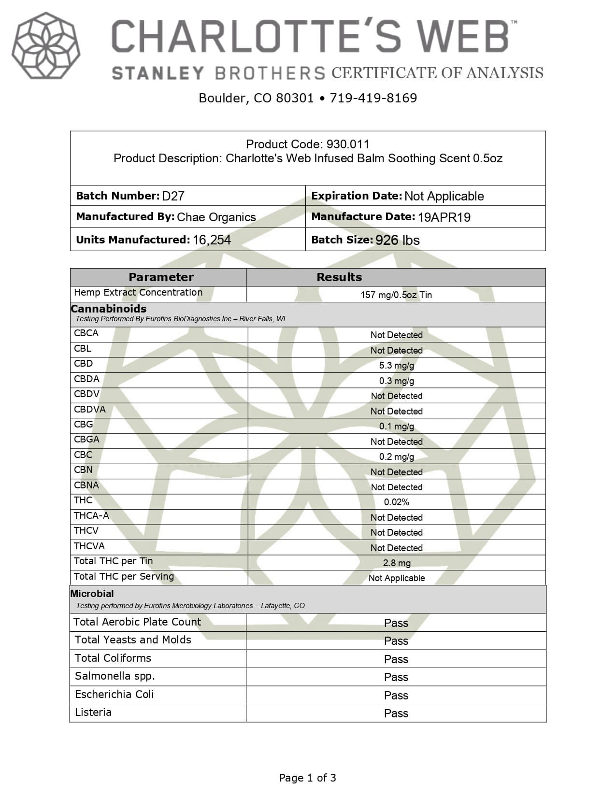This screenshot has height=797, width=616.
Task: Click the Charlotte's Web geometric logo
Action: click(x=46, y=46)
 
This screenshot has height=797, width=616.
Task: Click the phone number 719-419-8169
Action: click(x=373, y=98)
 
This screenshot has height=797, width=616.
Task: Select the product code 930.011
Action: click(x=348, y=144)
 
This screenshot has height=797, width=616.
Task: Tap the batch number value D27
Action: click(x=173, y=196)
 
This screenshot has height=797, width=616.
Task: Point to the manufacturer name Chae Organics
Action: click(x=216, y=217)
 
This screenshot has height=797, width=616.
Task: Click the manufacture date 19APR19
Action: click(x=444, y=217)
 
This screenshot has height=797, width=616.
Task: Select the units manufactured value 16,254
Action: click(x=212, y=240)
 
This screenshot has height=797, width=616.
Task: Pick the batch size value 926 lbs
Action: click(x=397, y=240)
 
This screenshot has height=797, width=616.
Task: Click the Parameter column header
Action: click(x=161, y=277)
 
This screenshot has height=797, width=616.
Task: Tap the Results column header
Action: click(x=339, y=277)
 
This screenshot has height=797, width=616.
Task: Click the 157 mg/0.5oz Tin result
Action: click(x=396, y=295)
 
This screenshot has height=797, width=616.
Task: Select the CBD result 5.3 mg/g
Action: click(x=397, y=366)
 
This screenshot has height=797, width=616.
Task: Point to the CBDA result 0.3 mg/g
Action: click(x=397, y=381)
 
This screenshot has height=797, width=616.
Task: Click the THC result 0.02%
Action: click(x=397, y=502)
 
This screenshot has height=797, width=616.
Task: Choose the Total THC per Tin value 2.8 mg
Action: click(x=397, y=563)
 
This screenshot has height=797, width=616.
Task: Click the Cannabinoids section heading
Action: click(x=109, y=309)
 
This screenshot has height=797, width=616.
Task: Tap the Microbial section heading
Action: click(x=92, y=594)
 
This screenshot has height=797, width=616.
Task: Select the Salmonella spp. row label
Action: click(x=115, y=676)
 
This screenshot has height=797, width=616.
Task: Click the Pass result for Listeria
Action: click(x=396, y=713)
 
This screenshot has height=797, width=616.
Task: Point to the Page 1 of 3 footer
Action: click(x=308, y=778)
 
